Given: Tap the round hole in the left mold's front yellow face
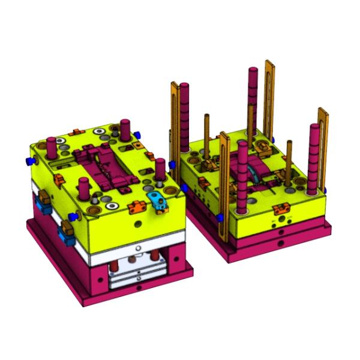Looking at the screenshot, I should (x=139, y=223).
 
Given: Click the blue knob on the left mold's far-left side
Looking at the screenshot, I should (x=28, y=161).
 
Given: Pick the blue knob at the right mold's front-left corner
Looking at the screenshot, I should (x=218, y=215).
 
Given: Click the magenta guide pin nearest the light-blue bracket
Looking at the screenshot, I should (x=160, y=171).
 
